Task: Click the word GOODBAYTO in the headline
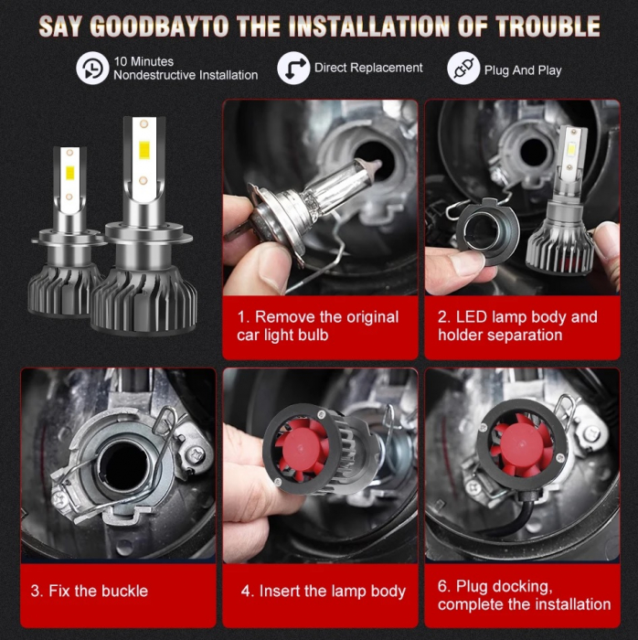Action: point(160,25)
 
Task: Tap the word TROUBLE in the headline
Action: point(542,25)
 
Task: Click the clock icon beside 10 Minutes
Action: point(91,69)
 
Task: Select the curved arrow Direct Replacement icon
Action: point(293,69)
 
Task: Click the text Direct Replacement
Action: point(368,68)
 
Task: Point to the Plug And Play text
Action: point(523,70)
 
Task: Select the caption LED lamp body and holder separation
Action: point(517,326)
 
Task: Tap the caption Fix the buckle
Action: point(90,591)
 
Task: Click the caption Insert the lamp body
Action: point(323,592)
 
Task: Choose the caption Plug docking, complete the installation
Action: point(524,595)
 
